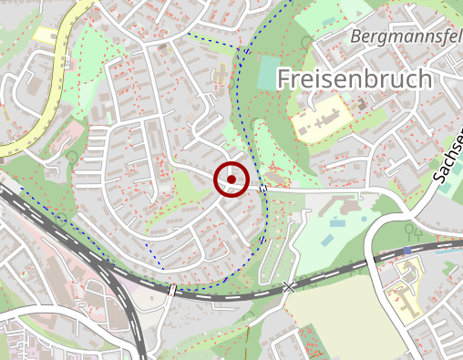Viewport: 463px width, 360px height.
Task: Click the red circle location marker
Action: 231,180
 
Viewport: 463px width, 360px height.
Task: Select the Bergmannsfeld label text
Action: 406,37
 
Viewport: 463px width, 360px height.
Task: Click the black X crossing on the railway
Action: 289,287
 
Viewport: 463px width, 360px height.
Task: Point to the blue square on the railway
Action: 406,251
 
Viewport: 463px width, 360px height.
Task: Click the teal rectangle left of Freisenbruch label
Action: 264,78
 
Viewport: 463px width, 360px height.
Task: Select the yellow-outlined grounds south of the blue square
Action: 401,292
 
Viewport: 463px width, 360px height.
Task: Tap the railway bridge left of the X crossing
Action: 171,289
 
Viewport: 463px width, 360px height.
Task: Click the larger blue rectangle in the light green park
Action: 337,222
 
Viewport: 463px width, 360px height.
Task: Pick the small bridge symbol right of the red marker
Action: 262,189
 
